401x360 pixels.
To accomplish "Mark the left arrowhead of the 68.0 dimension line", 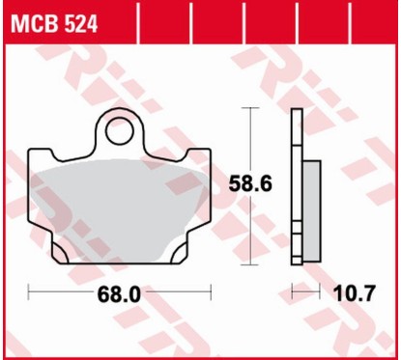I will point(31,290).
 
